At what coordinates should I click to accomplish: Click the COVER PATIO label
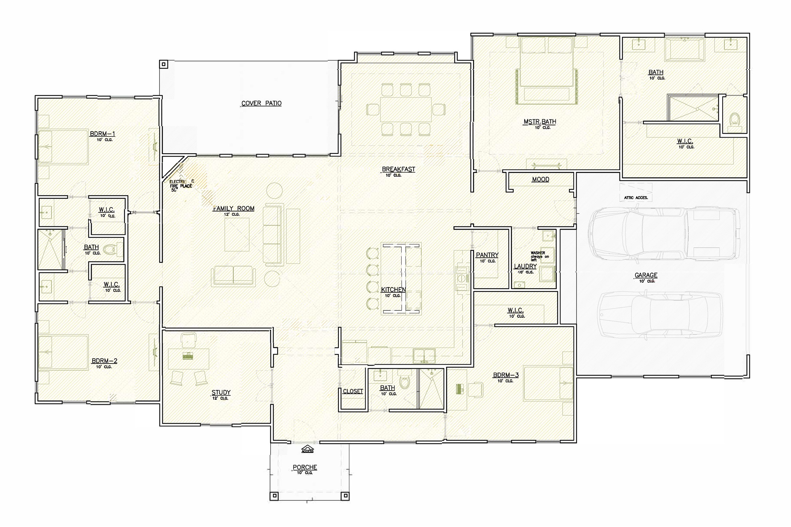coord(261,103)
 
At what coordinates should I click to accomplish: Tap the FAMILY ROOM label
coord(233,209)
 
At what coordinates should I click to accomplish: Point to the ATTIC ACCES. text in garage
coord(636,198)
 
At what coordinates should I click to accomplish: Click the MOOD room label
coord(540,179)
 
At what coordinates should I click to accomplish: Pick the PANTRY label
coord(487,255)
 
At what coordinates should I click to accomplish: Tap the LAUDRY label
coord(525,266)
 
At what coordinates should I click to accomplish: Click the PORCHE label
coord(305,467)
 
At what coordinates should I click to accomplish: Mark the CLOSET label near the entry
coord(353,391)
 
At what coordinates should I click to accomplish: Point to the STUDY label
coord(221,392)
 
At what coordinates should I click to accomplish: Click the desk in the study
coord(188,358)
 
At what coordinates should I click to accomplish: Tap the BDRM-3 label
coord(505,375)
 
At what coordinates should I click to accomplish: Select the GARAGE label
coord(646,276)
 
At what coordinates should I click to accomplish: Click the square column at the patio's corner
coord(164,65)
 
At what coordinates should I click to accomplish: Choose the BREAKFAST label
coord(398,169)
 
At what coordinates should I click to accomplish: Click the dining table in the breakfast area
coord(406,109)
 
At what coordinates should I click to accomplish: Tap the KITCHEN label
coord(393,290)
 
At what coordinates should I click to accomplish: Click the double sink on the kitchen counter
coord(424,355)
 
